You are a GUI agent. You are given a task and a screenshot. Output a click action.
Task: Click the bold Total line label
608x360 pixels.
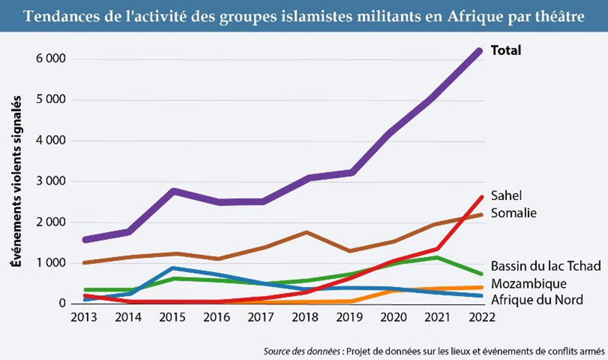(506, 50)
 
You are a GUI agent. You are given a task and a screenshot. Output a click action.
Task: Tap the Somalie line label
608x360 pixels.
(513, 213)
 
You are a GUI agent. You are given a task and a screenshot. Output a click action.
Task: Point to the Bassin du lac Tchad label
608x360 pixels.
(545, 266)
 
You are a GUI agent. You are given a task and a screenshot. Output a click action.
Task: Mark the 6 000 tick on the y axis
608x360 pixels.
(51, 59)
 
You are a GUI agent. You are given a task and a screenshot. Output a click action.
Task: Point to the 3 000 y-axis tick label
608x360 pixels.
(51, 182)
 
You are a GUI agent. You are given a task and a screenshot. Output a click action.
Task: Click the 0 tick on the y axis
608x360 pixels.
(62, 304)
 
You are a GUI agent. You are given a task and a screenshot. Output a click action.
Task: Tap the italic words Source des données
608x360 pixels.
(303, 348)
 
